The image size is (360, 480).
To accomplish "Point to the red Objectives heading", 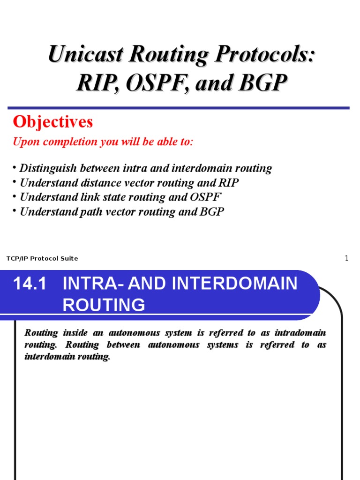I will pos(53,122).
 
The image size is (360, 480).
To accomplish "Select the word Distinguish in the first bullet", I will pos(49,168).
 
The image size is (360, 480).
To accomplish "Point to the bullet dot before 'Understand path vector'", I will pos(15,211).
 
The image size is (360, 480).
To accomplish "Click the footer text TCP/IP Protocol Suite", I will pos(42,259).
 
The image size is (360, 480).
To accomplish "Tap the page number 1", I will pos(347,258).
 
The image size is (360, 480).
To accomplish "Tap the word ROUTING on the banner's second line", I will pos(104,305).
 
